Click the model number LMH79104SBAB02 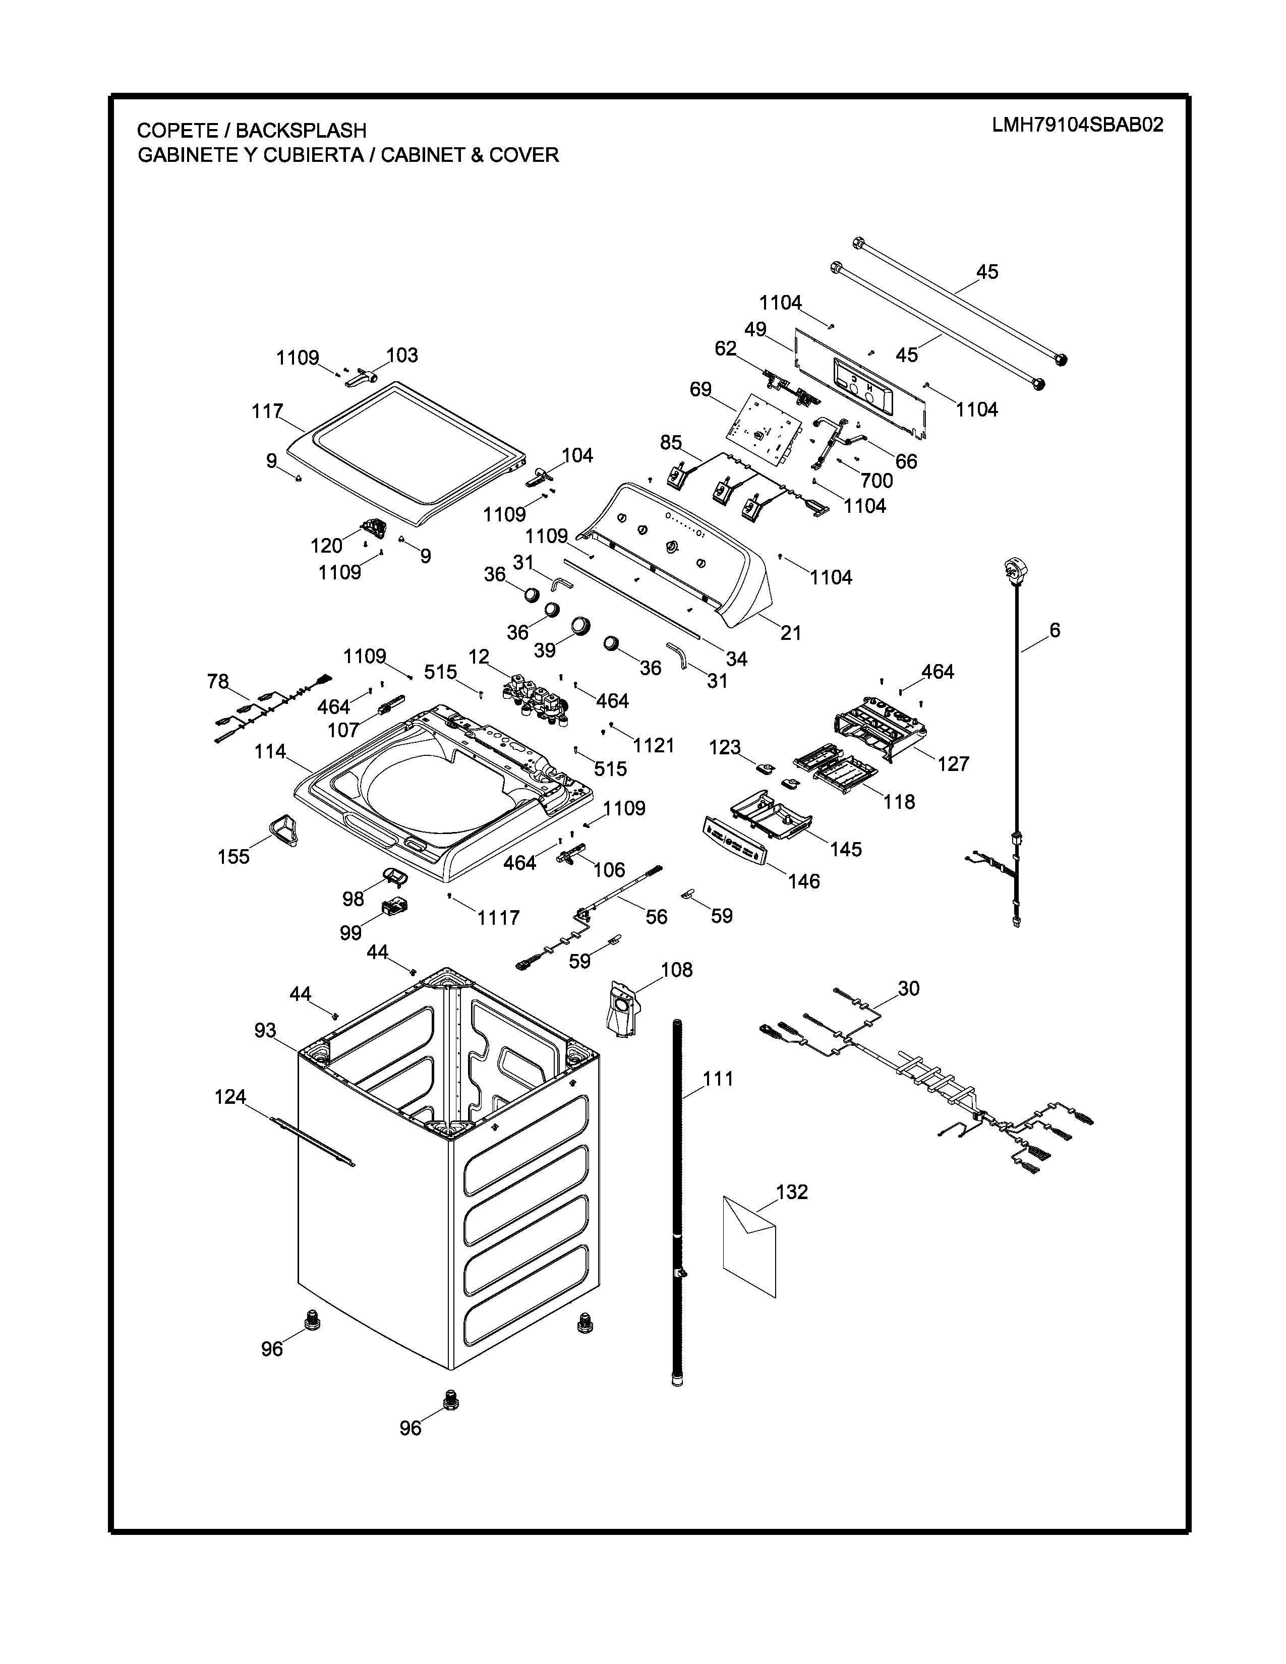click(x=1077, y=125)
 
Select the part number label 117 click(x=267, y=411)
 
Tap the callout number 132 click(x=792, y=1192)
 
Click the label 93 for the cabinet click(x=265, y=1031)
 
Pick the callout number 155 click(x=233, y=856)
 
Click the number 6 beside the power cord click(x=1055, y=630)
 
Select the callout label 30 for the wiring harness click(x=908, y=988)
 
